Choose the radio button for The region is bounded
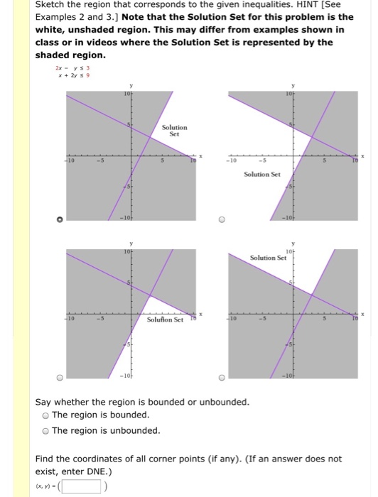click(x=45, y=415)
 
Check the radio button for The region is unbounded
click(x=45, y=431)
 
